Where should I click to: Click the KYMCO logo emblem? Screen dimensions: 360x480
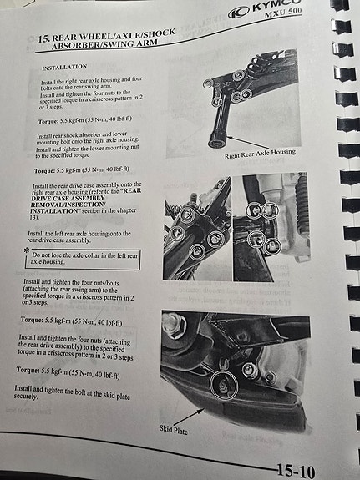point(239,13)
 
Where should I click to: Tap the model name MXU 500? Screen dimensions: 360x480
point(283,13)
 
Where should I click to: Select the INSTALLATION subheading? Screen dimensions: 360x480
point(64,68)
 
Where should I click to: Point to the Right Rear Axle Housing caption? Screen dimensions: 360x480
point(260,154)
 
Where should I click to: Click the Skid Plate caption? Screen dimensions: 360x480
point(174,429)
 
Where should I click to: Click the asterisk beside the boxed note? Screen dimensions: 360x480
point(27,250)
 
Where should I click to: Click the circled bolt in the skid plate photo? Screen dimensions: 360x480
point(224,385)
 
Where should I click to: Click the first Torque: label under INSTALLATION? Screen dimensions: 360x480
point(48,122)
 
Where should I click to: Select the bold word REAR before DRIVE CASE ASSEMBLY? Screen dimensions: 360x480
point(132,190)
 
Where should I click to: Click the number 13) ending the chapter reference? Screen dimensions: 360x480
point(34,218)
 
